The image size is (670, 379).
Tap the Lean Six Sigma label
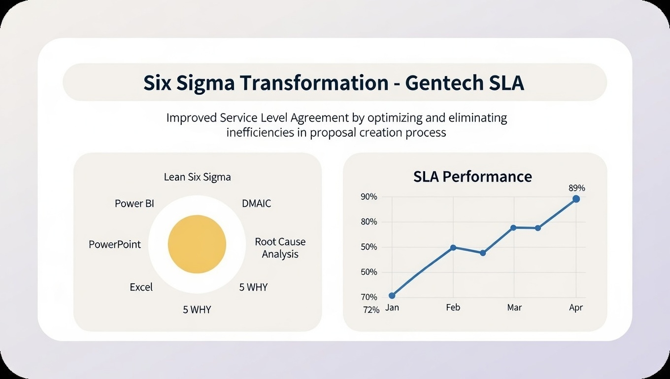tap(197, 177)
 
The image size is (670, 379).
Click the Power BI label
tap(134, 203)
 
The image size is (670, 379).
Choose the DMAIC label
tap(256, 203)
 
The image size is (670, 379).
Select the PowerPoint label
tap(115, 244)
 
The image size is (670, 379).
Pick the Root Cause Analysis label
tap(280, 248)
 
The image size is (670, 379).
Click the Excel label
tap(141, 287)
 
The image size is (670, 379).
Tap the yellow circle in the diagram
tap(197, 244)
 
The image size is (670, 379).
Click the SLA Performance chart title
tap(472, 177)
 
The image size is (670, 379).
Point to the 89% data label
tap(576, 188)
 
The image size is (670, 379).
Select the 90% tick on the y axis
tap(369, 197)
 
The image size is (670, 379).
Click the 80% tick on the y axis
tap(369, 222)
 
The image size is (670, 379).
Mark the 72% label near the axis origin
tap(371, 310)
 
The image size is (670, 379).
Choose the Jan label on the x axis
tap(392, 307)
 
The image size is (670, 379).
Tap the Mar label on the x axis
tap(514, 307)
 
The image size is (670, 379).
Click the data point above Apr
tap(576, 199)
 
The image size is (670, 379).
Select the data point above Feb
tap(453, 247)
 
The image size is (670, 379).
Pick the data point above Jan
tap(392, 296)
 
